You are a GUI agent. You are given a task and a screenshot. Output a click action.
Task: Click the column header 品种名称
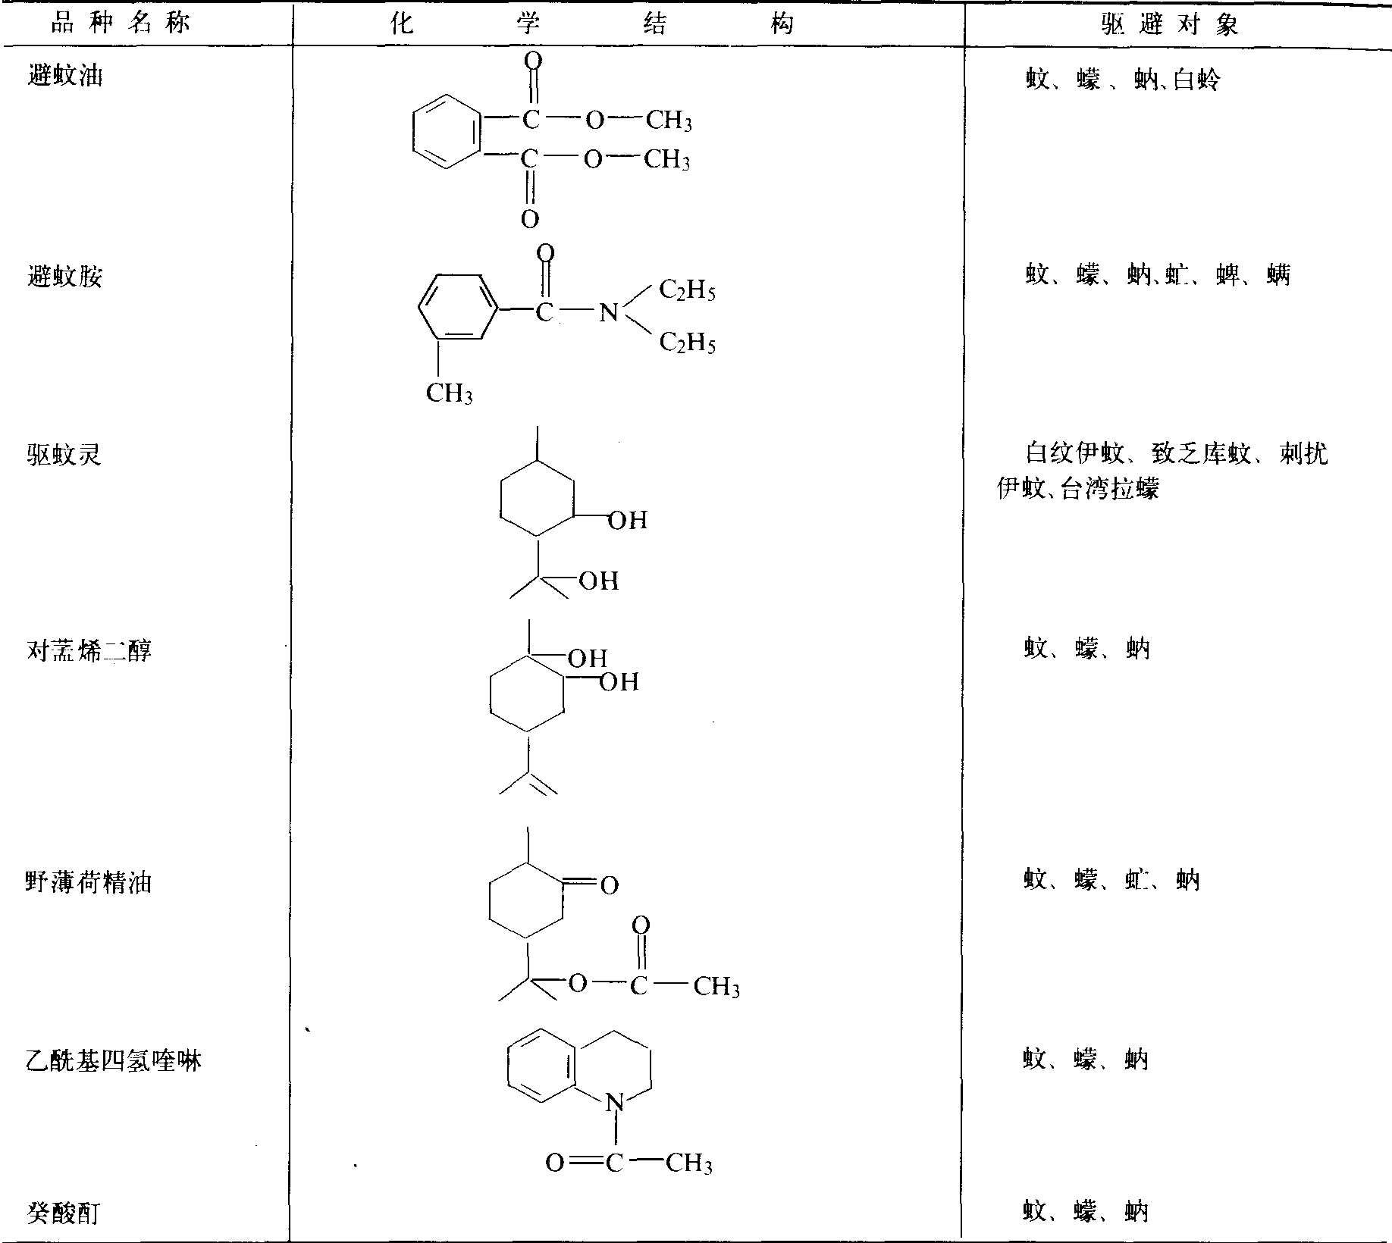[120, 23]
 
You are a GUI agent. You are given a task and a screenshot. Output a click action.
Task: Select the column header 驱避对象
[1170, 25]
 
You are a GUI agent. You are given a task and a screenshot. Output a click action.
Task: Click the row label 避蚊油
[64, 77]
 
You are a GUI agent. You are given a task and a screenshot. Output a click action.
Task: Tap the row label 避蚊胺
[64, 277]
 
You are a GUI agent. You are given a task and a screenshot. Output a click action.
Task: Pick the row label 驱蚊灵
[64, 455]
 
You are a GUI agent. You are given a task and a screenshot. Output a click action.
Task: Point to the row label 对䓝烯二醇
[89, 650]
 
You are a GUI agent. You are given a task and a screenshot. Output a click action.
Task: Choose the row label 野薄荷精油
[89, 882]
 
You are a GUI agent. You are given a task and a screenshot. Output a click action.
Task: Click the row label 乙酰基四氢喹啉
[114, 1060]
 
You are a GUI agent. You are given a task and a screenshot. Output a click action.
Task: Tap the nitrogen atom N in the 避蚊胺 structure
[608, 312]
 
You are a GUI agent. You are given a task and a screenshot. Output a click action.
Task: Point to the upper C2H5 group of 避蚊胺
[687, 290]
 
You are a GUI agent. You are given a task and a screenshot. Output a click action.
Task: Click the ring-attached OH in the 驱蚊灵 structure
[629, 520]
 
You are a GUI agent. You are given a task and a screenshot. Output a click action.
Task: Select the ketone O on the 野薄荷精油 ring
[610, 885]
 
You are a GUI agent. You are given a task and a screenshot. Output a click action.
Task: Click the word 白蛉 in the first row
[1196, 80]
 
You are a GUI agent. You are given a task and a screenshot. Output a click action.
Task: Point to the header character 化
[401, 23]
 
